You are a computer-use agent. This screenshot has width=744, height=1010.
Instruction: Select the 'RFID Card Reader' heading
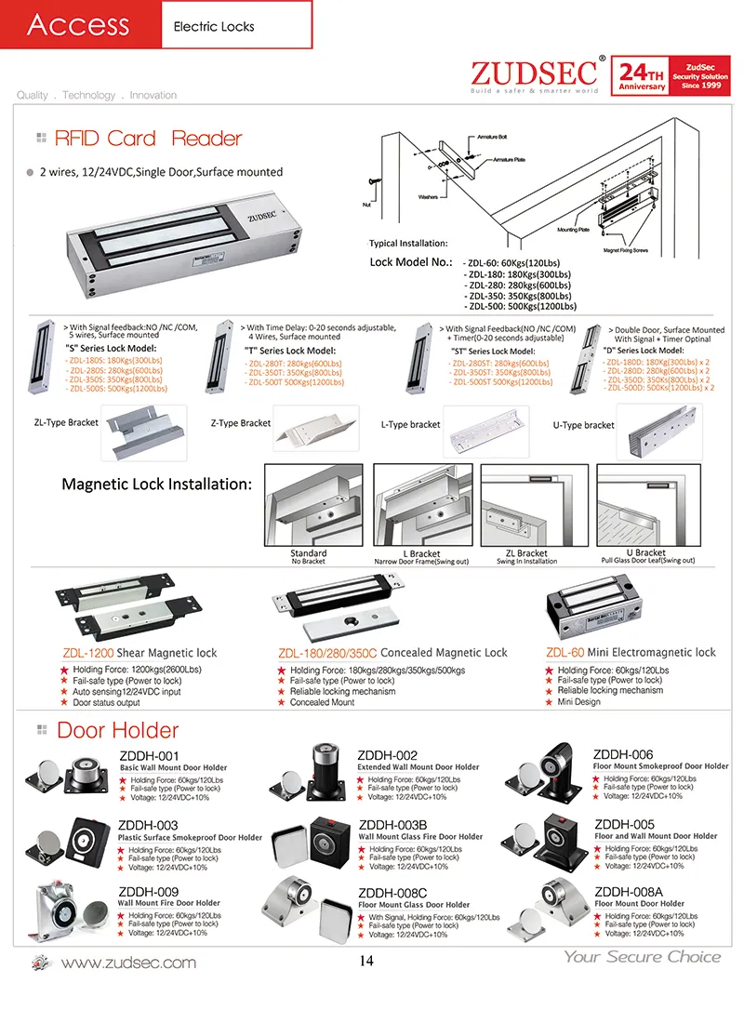point(148,140)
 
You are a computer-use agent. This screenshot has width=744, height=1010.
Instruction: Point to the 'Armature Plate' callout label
point(508,160)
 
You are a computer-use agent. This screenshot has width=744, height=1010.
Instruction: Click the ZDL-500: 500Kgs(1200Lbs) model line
point(521,306)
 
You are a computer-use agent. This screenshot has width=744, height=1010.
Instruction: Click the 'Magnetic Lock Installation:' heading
point(156,484)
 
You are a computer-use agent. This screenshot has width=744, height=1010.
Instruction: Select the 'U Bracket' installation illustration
point(645,507)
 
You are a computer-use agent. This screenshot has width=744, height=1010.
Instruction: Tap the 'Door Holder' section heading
point(117,730)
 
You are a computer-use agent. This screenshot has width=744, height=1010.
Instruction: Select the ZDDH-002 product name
point(388,755)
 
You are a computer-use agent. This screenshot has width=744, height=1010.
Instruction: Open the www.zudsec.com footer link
point(134,962)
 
